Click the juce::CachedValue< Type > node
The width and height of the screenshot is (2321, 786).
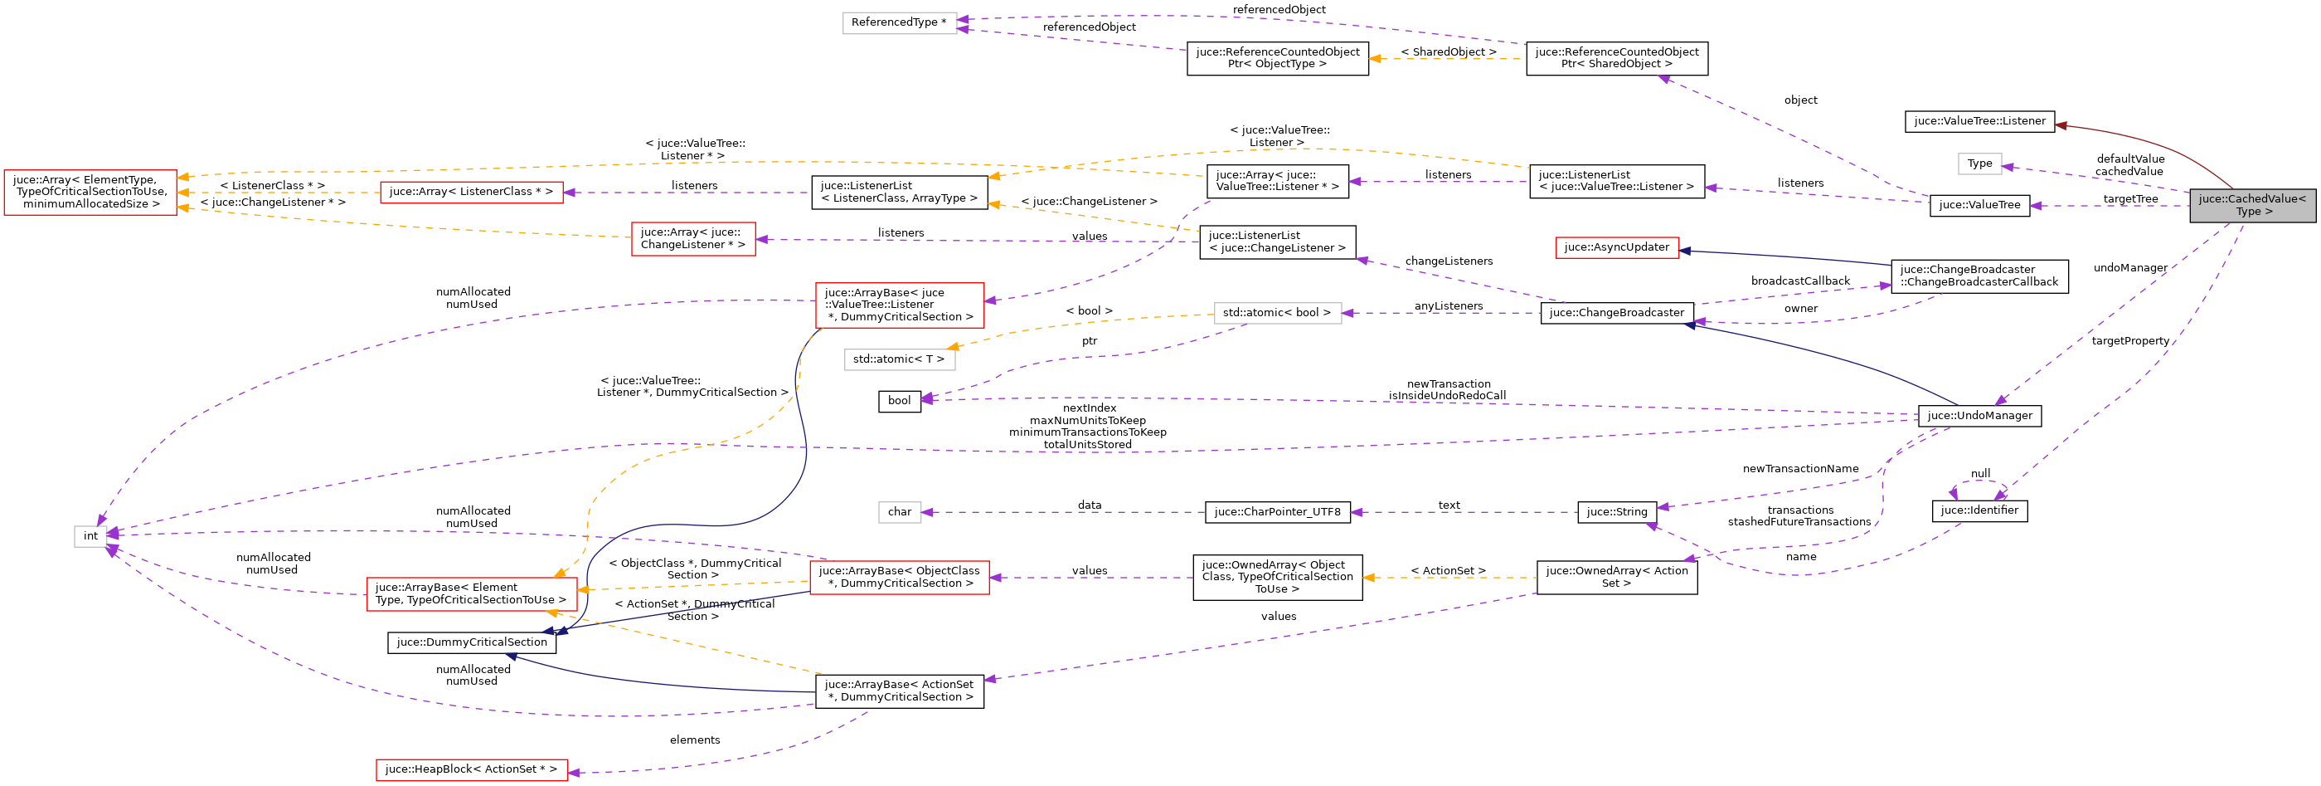coord(2251,206)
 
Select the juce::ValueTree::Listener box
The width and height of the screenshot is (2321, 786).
coord(1979,121)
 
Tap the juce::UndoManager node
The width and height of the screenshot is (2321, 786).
coord(1979,416)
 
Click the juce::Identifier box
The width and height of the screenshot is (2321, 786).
coord(1979,510)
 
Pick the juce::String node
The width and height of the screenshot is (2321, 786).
coord(1616,512)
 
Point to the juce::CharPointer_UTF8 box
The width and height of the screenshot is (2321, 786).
coord(1277,512)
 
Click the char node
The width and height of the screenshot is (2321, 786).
coord(899,512)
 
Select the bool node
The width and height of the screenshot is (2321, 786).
coord(899,401)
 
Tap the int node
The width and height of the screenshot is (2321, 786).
coord(90,536)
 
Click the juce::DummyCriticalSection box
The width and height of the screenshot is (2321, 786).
coord(471,642)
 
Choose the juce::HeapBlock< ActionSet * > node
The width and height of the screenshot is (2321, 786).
coord(471,769)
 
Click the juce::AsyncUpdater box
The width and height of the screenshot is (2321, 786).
coord(1616,247)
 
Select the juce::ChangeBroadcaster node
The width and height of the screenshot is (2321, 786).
coord(1616,313)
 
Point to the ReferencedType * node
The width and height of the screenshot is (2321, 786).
coord(899,22)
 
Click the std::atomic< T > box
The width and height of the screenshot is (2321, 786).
coord(899,359)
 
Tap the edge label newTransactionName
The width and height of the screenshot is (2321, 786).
coord(1799,469)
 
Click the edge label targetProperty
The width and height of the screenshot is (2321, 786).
coord(2130,341)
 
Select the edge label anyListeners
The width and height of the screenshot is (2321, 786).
coord(1448,306)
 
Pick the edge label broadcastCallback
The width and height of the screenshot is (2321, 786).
coord(1799,281)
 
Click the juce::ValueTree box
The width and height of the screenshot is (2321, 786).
coord(1979,206)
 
